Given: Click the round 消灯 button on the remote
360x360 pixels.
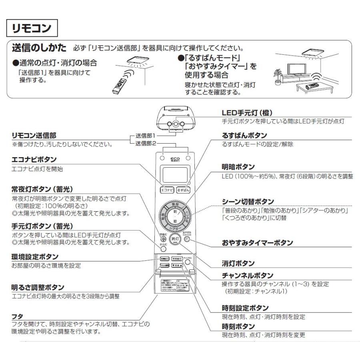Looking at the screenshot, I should coord(174,239).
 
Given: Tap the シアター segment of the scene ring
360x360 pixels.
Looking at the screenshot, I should coord(175,228).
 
